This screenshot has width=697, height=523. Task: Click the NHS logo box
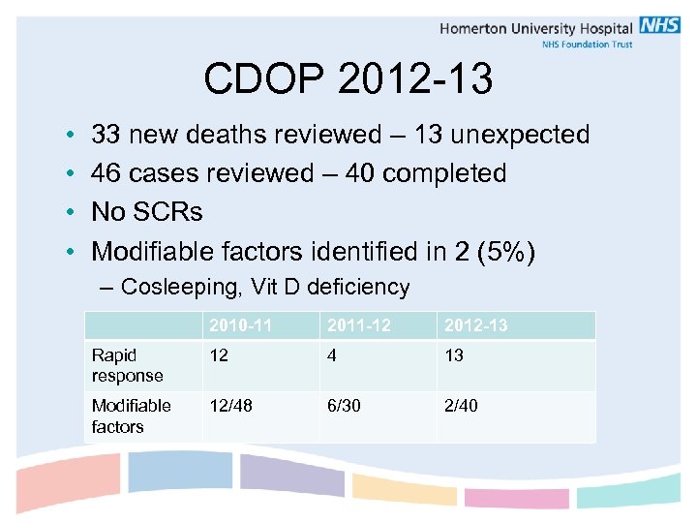click(x=659, y=26)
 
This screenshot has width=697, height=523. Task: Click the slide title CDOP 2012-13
click(x=348, y=80)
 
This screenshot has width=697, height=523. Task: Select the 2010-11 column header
click(x=233, y=325)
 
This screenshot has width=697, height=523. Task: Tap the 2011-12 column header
click(x=358, y=325)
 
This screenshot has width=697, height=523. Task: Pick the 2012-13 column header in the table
click(x=475, y=325)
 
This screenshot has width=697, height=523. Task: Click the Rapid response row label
click(x=128, y=365)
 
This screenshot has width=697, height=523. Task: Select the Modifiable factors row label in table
click(x=131, y=415)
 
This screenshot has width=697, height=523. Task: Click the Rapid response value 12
click(x=220, y=355)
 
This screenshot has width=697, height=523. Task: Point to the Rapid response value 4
click(x=333, y=355)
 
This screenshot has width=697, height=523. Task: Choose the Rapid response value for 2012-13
click(x=454, y=355)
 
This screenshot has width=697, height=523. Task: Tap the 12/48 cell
click(x=230, y=406)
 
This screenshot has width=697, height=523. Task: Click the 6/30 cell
click(x=344, y=406)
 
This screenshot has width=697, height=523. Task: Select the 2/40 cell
click(x=461, y=406)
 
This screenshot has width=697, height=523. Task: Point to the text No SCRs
click(x=146, y=212)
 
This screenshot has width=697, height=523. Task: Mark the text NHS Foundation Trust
click(x=587, y=46)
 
